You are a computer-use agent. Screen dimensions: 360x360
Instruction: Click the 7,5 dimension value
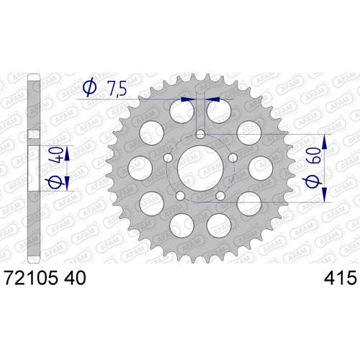(117, 89)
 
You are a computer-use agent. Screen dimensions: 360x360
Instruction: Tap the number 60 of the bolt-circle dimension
(313, 156)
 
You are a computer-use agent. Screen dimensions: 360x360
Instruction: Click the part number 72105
(31, 278)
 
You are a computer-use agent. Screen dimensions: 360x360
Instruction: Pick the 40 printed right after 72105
(75, 278)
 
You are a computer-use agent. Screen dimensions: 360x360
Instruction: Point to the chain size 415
(341, 278)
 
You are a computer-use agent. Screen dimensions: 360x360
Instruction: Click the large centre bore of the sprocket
(200, 168)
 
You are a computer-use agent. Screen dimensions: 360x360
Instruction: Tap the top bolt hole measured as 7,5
(200, 135)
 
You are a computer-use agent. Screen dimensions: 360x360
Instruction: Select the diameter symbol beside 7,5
(90, 88)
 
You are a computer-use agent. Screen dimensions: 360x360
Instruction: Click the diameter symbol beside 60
(313, 182)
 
